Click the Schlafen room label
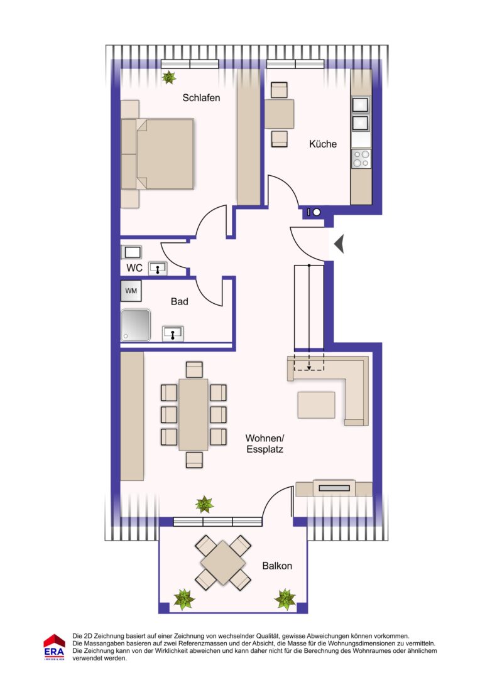[201, 98]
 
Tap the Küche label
[323, 144]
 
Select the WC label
[134, 268]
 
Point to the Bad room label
[179, 301]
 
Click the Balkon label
[277, 566]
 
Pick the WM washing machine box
[131, 291]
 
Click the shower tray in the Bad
[136, 325]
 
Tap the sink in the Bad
[173, 334]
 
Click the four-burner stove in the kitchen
[361, 159]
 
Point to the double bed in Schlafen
[157, 154]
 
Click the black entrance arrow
[339, 244]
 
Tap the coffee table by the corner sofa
[317, 405]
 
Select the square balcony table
[223, 562]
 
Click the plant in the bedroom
[169, 77]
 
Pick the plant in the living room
[204, 504]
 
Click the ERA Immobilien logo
[54, 647]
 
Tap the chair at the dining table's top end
[194, 370]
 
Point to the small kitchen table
[279, 114]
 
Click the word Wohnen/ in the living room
[265, 438]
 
